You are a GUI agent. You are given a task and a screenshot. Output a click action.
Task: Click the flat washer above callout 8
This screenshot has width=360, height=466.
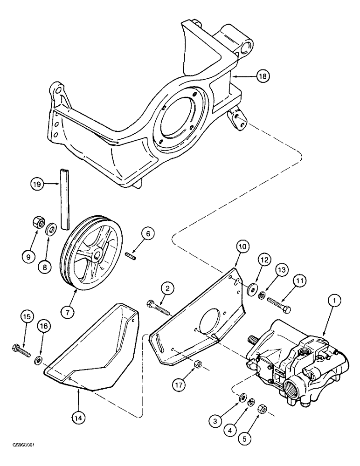point(51,229)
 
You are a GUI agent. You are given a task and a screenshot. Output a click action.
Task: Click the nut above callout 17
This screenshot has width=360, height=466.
point(197,364)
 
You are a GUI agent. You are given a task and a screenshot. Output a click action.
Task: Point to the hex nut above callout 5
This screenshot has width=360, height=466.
point(262,409)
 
